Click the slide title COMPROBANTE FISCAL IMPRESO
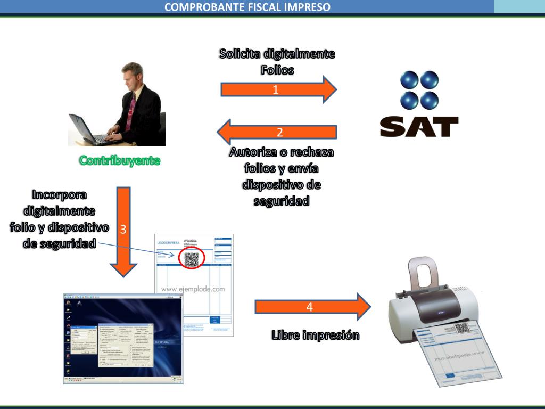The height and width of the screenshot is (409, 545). click(x=247, y=7)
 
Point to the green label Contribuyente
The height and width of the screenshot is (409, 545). click(x=119, y=160)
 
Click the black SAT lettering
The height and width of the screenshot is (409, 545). click(x=419, y=127)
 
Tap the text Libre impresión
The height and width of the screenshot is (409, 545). click(x=315, y=335)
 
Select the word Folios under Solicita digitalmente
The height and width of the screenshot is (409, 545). click(x=277, y=70)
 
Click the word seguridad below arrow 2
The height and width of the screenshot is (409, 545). click(x=282, y=201)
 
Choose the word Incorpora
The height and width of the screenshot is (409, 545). click(x=60, y=194)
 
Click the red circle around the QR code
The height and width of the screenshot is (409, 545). click(x=192, y=259)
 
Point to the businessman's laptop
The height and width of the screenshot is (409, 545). click(x=88, y=131)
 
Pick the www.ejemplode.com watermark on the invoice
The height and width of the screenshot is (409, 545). click(x=193, y=289)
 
